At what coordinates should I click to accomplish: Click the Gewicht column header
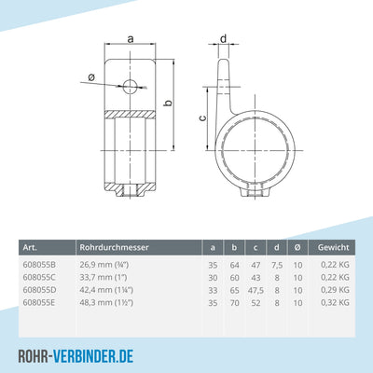click(x=333, y=248)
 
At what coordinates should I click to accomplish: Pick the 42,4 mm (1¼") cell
click(x=110, y=290)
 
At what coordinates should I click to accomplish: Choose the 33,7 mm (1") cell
click(x=104, y=278)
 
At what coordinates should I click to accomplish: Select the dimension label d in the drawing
click(x=225, y=38)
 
